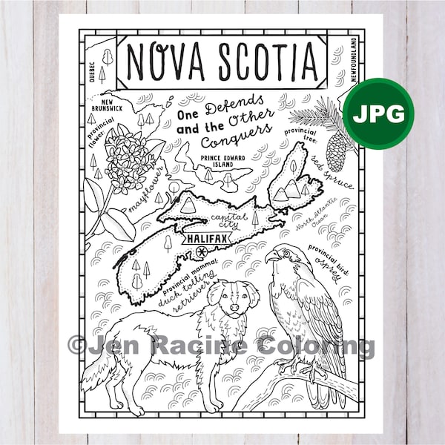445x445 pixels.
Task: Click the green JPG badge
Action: click(x=378, y=113)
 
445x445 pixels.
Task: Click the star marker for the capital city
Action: click(x=201, y=254)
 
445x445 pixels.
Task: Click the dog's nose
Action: click(x=235, y=306)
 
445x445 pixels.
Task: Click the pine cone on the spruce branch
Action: click(x=336, y=152)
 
